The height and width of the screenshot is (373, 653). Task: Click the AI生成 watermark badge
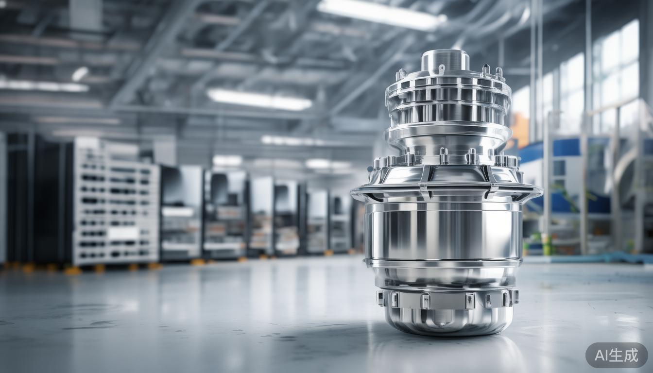(616, 355)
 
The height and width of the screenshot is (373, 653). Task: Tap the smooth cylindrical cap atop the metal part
(445, 61)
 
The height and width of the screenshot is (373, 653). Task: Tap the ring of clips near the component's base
(447, 299)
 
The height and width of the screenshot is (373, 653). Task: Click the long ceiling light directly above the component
(381, 14)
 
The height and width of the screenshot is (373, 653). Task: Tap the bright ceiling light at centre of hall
(259, 100)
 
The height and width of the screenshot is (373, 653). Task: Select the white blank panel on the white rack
(124, 234)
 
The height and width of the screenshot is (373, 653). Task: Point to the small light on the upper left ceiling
(80, 74)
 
